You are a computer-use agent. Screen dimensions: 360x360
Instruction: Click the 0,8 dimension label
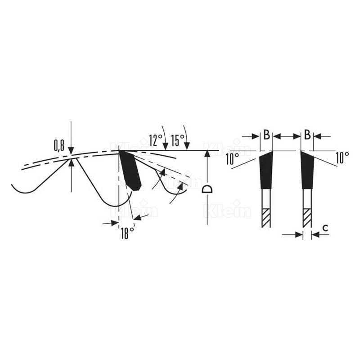[59, 146]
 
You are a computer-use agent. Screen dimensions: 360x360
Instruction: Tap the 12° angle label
[156, 140]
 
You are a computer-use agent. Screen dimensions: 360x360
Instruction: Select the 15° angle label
[178, 140]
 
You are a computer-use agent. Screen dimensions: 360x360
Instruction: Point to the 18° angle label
[128, 233]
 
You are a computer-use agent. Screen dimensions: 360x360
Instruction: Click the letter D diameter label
[207, 189]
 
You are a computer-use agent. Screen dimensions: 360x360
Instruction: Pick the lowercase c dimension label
[325, 228]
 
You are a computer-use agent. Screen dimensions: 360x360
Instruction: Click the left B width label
[266, 135]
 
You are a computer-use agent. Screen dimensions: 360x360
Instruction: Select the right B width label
[307, 135]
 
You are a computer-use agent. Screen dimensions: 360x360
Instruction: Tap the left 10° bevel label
[232, 159]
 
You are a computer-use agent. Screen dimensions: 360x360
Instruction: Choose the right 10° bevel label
[342, 158]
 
